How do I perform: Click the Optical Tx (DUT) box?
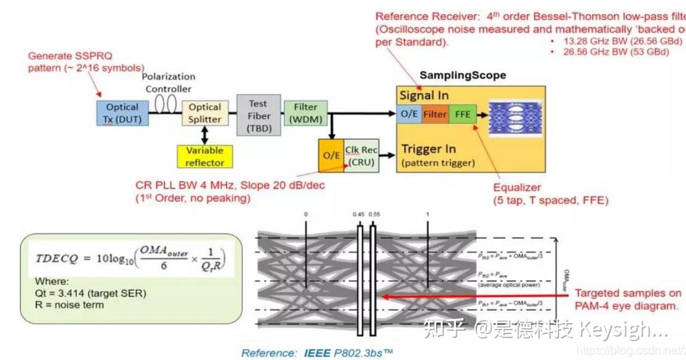(x=122, y=113)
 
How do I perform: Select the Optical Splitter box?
(x=205, y=113)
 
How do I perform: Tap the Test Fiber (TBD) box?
(x=258, y=116)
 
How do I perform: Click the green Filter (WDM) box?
(x=305, y=113)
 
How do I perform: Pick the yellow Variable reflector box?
(x=205, y=156)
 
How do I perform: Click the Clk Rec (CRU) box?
(x=360, y=155)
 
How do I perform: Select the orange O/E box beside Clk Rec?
(x=331, y=155)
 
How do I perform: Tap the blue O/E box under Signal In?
(x=409, y=114)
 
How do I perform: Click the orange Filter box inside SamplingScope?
(x=435, y=114)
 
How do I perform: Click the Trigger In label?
(x=428, y=149)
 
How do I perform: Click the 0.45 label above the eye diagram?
(x=359, y=214)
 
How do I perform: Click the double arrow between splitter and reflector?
(x=205, y=135)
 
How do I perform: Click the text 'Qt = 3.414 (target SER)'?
(x=91, y=293)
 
